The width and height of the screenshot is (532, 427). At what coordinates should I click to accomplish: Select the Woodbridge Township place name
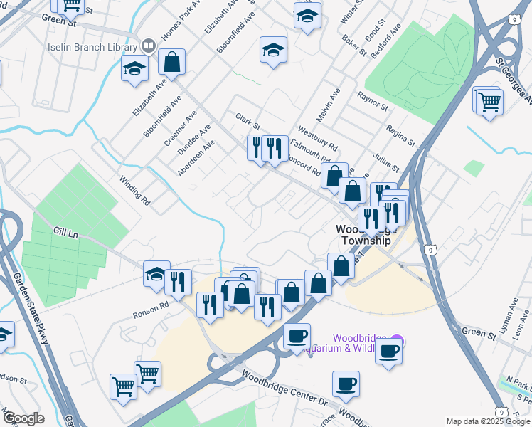click(363, 235)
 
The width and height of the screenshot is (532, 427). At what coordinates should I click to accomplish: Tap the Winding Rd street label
click(134, 191)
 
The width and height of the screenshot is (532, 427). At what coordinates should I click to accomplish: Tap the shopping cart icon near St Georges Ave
click(489, 102)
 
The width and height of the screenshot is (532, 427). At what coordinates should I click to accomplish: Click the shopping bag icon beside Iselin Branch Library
click(171, 62)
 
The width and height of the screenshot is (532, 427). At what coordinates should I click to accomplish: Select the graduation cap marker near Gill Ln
click(156, 274)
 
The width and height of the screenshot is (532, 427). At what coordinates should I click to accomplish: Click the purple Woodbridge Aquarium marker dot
click(397, 342)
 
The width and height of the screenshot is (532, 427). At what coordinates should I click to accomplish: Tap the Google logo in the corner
click(23, 418)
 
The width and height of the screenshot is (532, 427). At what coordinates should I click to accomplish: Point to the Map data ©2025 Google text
click(488, 421)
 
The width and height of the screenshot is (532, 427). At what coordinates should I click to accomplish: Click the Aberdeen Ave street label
click(196, 158)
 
